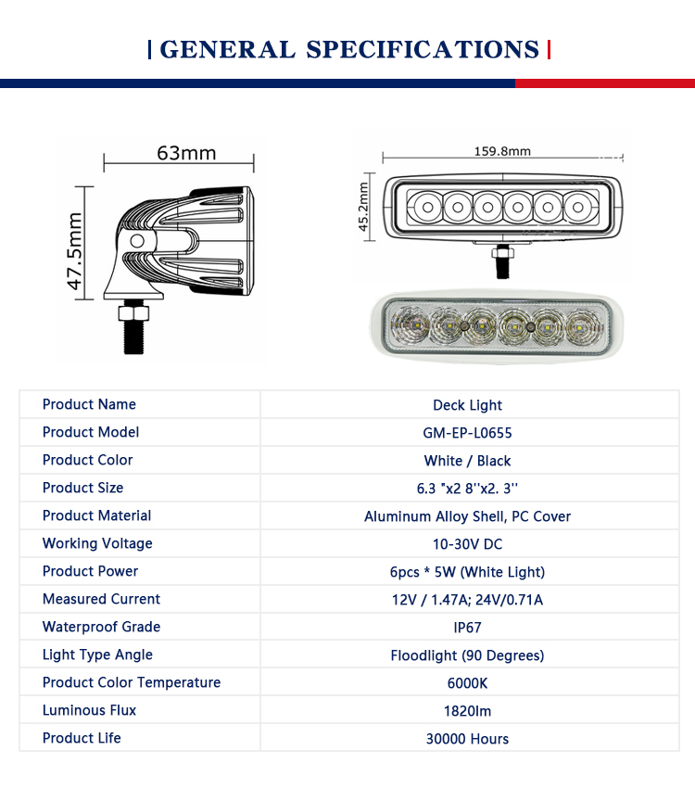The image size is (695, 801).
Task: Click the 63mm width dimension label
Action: [x=185, y=152]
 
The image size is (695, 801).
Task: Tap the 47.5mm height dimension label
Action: [x=75, y=250]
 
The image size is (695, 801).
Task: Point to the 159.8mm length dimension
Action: [x=502, y=151]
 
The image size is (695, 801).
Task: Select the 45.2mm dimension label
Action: [x=364, y=206]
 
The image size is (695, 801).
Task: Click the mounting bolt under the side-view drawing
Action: [x=133, y=327]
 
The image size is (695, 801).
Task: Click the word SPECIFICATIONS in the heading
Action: [x=423, y=49]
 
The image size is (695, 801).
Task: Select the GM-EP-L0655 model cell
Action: [x=467, y=433]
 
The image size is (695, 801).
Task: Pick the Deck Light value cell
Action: [x=467, y=405]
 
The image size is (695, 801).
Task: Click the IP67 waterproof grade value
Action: [x=467, y=628]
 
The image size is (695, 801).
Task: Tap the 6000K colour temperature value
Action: [x=467, y=683]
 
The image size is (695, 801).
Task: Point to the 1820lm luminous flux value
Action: [x=467, y=711]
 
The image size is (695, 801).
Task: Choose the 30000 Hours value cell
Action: [x=467, y=739]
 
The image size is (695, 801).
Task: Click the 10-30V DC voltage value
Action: [x=467, y=544]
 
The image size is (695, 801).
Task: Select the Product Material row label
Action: [x=96, y=515]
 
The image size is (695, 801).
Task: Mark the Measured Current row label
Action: [x=101, y=599]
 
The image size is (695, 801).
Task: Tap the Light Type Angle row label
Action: [x=97, y=655]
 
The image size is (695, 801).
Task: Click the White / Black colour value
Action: [x=467, y=461]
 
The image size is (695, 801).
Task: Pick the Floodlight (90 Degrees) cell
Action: [x=467, y=655]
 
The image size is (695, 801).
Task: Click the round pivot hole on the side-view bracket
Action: [x=137, y=240]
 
